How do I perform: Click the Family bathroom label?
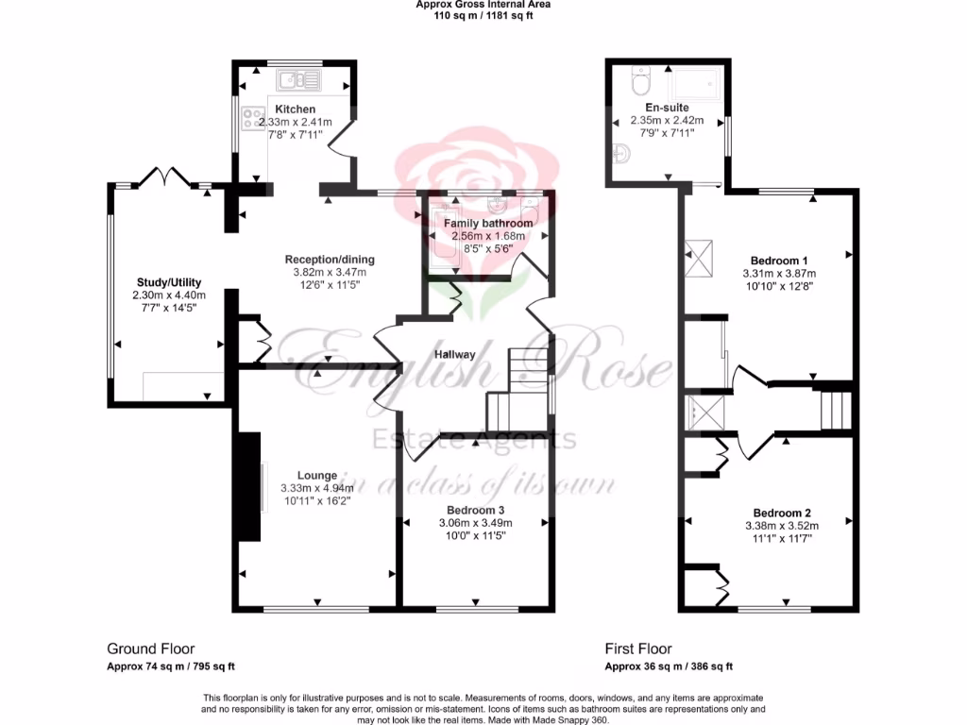pyautogui.click(x=488, y=223)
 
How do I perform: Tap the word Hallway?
pyautogui.click(x=453, y=355)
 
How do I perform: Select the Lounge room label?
pyautogui.click(x=316, y=475)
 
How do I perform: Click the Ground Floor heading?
pyautogui.click(x=150, y=649)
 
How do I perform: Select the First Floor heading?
pyautogui.click(x=637, y=649)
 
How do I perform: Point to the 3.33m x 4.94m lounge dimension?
pyautogui.click(x=316, y=488)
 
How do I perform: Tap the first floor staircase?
pyautogui.click(x=834, y=410)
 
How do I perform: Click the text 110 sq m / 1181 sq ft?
pyautogui.click(x=483, y=15)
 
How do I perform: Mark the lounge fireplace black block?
pyautogui.click(x=248, y=487)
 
